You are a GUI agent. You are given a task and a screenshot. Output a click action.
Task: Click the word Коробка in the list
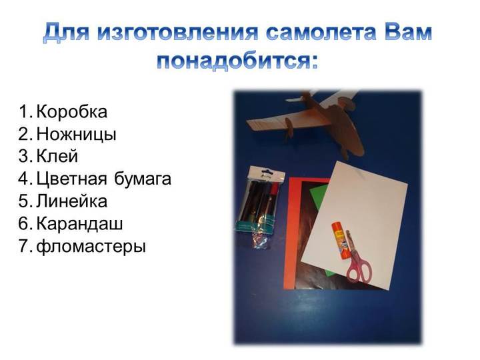pyautogui.click(x=72, y=112)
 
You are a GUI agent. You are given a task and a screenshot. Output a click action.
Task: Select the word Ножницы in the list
pyautogui.click(x=77, y=135)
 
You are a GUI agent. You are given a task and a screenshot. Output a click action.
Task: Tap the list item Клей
pyautogui.click(x=57, y=157)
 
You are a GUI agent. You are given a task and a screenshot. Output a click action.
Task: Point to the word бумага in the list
pyautogui.click(x=143, y=179)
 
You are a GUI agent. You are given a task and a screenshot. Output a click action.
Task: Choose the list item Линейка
pyautogui.click(x=72, y=201)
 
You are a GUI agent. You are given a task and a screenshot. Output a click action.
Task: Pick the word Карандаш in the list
pyautogui.click(x=79, y=224)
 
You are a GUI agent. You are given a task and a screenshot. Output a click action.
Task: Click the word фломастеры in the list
pyautogui.click(x=91, y=247)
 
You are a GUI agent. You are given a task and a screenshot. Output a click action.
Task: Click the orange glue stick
pyautogui.click(x=340, y=241)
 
